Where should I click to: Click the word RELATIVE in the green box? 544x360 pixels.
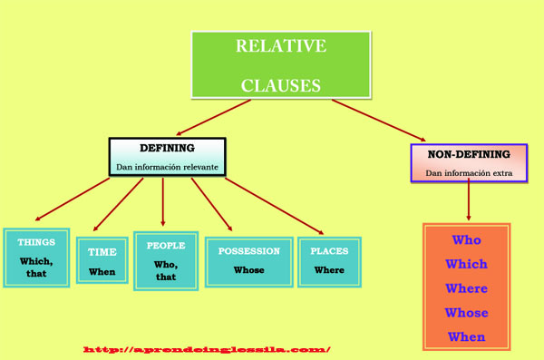tap(280, 46)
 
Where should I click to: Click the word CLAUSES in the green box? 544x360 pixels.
tap(280, 85)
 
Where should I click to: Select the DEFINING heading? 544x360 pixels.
tap(167, 148)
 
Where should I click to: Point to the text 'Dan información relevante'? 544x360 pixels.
tap(167, 167)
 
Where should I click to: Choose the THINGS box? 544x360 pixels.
tap(36, 257)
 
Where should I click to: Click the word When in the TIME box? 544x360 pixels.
tap(102, 272)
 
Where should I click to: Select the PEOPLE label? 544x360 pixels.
tap(165, 246)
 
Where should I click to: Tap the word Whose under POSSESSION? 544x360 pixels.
tap(248, 270)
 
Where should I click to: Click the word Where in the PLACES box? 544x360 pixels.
tap(329, 270)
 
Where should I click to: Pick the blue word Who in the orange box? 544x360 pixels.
tap(466, 240)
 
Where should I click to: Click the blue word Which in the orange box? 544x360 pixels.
tap(466, 265)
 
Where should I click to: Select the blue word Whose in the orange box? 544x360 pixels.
tap(466, 313)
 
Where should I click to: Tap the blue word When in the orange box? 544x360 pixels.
tap(466, 337)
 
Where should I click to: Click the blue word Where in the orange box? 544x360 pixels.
tap(466, 288)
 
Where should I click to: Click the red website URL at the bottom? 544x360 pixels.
tap(207, 349)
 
